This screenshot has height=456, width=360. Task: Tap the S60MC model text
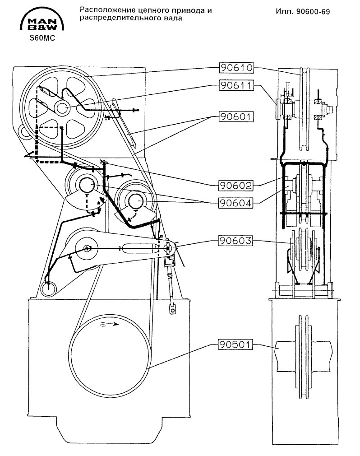coord(42,38)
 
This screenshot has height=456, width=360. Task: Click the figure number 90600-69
coord(313,12)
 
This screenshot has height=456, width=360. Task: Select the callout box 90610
coord(236,68)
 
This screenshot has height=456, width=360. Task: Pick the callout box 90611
coord(236,85)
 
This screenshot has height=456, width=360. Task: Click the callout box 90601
coord(236,116)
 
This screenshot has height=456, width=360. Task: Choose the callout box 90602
coord(235,185)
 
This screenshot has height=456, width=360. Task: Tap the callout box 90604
coord(235,203)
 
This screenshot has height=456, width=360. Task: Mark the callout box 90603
coord(235,241)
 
